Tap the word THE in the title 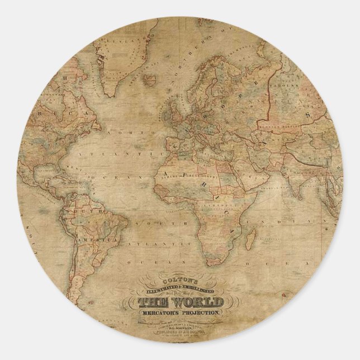coord(150,302)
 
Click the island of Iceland coord(150,78)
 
